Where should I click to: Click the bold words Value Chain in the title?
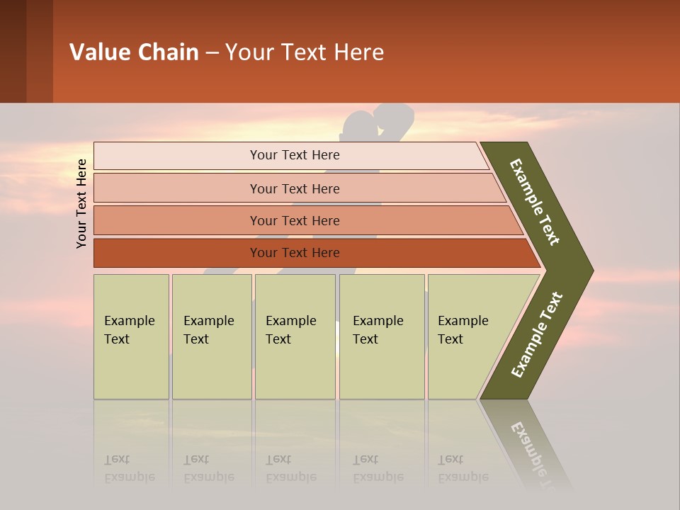tap(134, 52)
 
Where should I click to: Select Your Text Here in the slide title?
tap(305, 52)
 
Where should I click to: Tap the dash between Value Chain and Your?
tap(212, 53)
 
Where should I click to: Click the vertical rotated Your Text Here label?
tap(81, 203)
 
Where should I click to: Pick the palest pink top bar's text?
tap(295, 155)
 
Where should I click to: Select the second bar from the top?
tap(295, 188)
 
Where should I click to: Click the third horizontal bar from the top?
tap(295, 220)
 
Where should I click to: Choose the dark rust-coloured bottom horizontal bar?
tap(295, 253)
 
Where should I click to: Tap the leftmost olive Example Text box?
tap(130, 336)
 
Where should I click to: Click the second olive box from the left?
tap(211, 336)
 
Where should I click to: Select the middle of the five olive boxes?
tap(295, 336)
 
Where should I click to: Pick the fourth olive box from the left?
tap(381, 336)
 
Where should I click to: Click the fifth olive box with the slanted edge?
tap(467, 336)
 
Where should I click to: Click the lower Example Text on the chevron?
tap(537, 334)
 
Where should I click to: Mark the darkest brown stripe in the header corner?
tap(13, 51)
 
